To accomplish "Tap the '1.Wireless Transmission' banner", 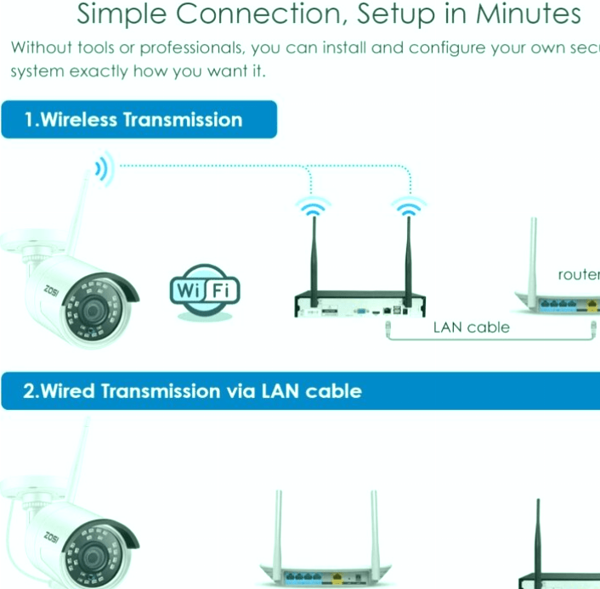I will [139, 120].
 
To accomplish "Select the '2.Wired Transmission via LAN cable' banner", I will [193, 391].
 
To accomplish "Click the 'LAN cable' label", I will [471, 327].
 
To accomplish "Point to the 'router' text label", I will [579, 274].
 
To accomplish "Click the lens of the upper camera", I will [89, 310].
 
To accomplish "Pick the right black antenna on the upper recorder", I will [408, 255].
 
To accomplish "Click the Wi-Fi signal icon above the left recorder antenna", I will [312, 205].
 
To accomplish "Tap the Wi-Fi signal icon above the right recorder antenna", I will [408, 205].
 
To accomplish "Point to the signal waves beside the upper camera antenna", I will [104, 169].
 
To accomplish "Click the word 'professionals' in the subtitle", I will [195, 48].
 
